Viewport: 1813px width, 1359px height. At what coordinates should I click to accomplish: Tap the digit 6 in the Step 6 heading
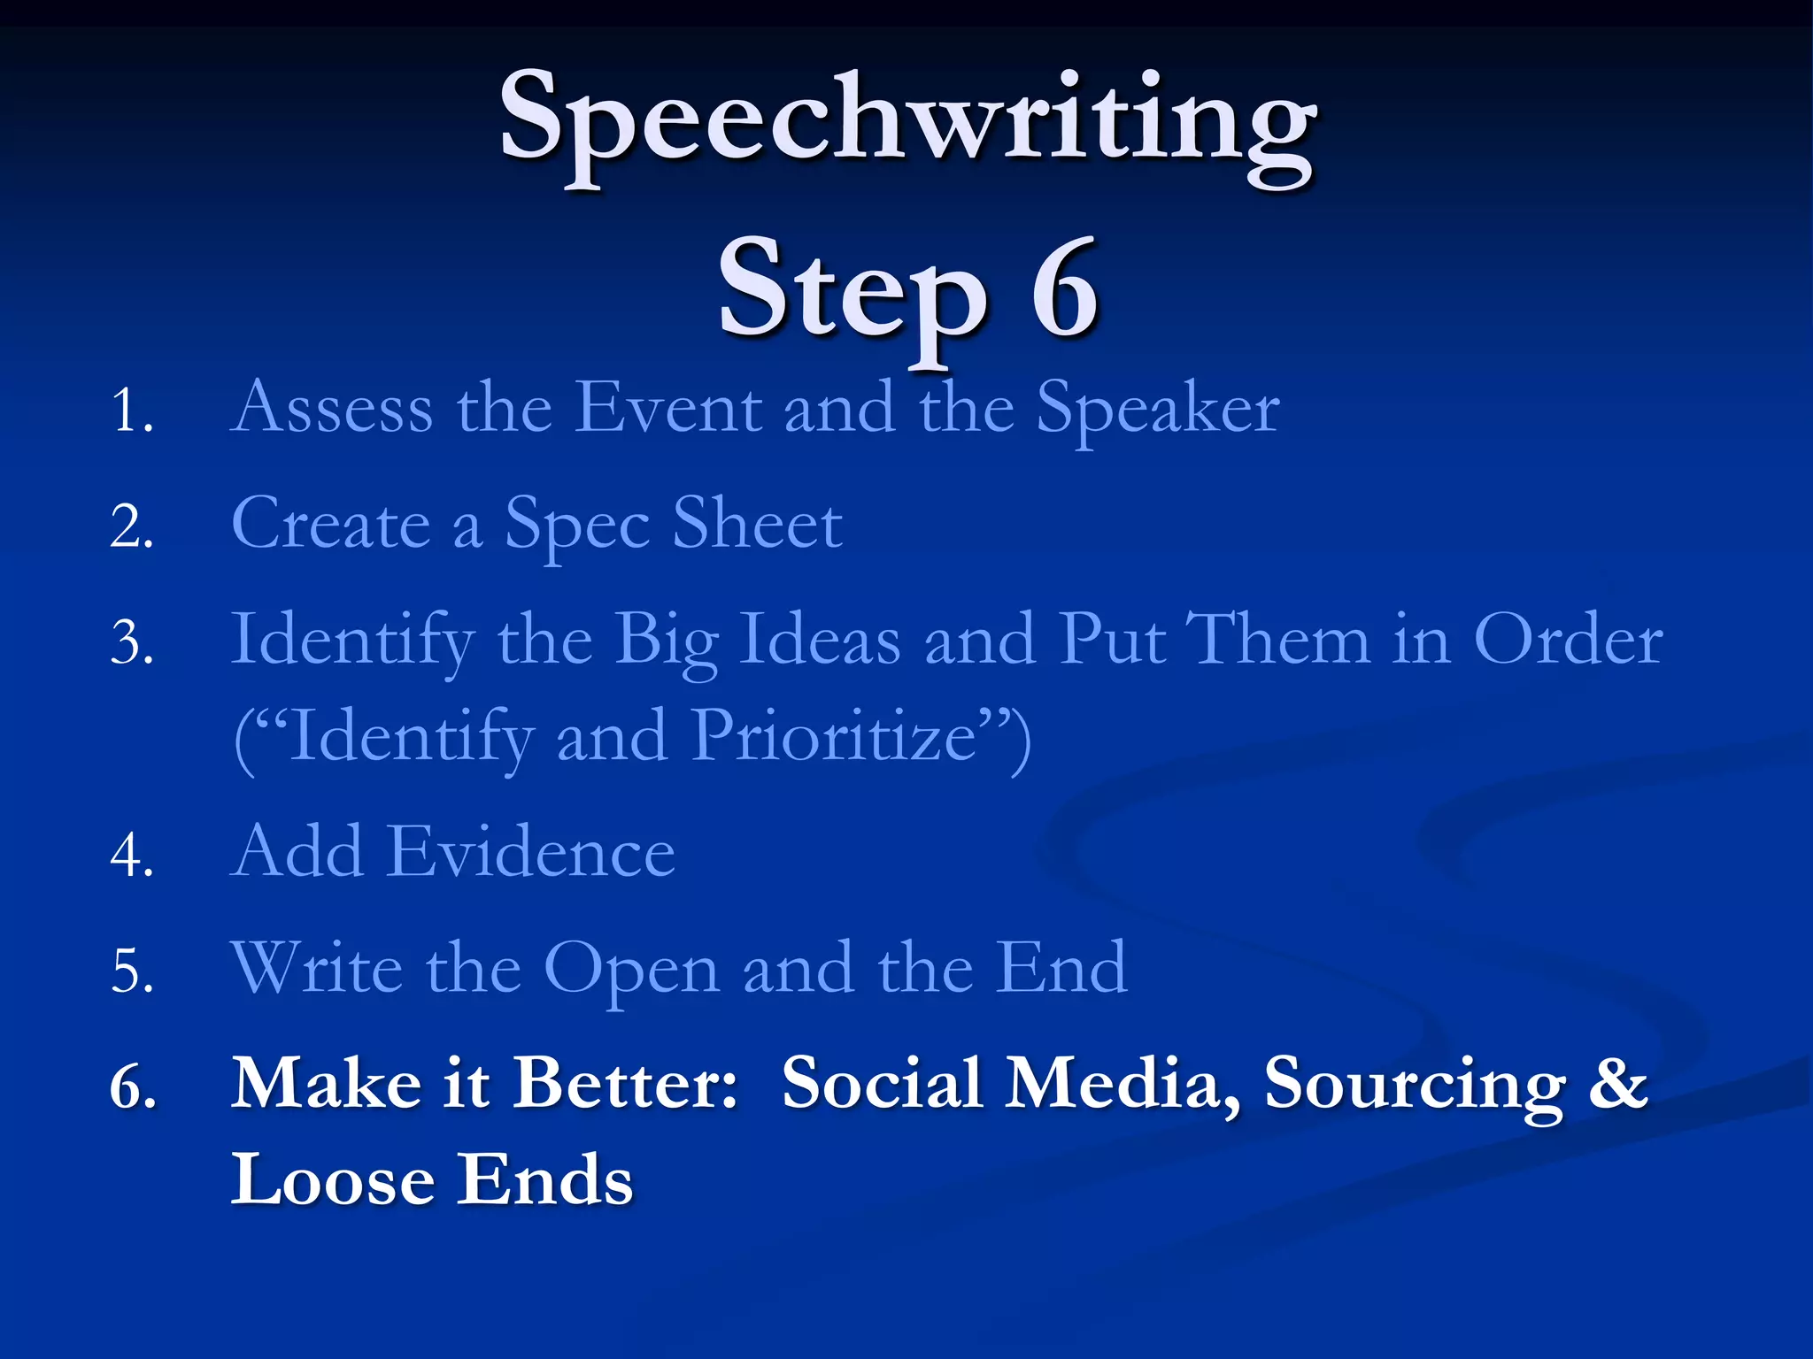[1065, 289]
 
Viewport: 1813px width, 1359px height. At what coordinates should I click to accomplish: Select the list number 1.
[132, 411]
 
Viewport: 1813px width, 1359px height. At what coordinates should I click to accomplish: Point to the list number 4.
[132, 856]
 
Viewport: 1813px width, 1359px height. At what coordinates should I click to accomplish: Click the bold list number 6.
[133, 1086]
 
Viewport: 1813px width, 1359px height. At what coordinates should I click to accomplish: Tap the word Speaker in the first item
[1158, 409]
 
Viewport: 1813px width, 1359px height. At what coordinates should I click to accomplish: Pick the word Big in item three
[666, 641]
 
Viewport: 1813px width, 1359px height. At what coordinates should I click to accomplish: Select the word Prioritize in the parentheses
[833, 736]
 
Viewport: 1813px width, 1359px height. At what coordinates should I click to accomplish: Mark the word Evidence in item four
[531, 851]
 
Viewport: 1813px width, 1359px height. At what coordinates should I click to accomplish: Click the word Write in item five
[317, 968]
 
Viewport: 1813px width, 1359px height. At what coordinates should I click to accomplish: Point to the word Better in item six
[625, 1083]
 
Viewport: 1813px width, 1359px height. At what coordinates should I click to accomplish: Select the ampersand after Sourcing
[1618, 1083]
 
